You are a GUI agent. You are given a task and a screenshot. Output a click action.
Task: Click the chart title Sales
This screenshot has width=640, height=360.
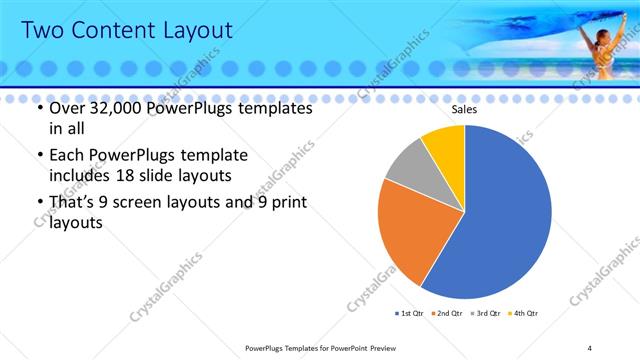[x=464, y=109]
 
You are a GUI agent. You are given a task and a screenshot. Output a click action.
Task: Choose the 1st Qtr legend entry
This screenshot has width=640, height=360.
[x=409, y=314]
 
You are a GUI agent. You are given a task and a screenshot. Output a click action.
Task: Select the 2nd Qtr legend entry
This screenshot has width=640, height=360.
[x=445, y=314]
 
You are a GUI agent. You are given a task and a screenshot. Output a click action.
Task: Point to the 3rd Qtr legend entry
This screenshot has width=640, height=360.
[x=485, y=314]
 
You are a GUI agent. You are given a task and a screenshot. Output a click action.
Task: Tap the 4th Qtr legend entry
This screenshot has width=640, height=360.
[x=523, y=314]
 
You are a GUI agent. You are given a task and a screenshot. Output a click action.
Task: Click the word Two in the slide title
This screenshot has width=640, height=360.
[x=46, y=31]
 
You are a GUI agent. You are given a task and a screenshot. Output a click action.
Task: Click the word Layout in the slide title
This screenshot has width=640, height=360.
[x=196, y=31]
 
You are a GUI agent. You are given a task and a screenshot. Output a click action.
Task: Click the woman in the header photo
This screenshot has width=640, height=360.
[x=604, y=50]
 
